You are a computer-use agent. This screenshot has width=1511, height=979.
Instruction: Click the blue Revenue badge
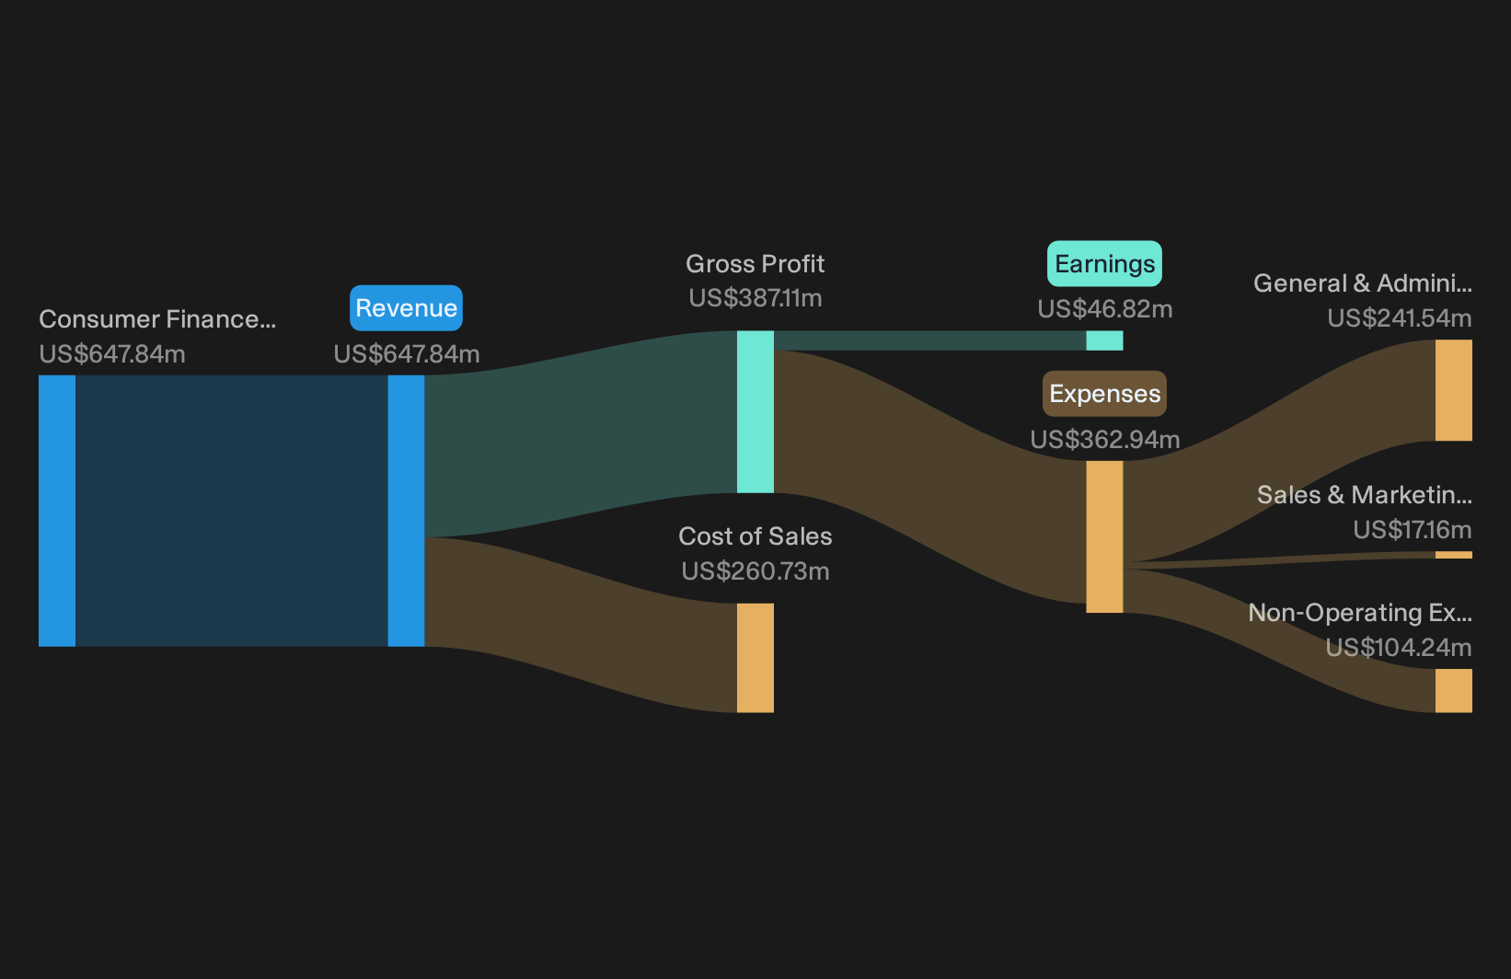(x=406, y=307)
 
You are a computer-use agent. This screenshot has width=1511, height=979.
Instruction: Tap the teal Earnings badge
(x=1104, y=264)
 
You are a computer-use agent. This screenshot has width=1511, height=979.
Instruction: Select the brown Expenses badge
(x=1104, y=394)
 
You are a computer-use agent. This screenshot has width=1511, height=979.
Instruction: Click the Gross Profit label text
(x=755, y=264)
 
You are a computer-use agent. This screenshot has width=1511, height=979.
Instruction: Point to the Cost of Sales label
(x=755, y=536)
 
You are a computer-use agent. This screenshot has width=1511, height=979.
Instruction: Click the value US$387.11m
(x=755, y=298)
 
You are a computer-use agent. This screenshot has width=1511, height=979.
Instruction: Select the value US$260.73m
(x=755, y=571)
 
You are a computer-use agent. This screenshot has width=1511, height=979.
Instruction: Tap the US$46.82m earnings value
(x=1104, y=309)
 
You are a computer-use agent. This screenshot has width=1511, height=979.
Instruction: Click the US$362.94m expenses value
(x=1104, y=440)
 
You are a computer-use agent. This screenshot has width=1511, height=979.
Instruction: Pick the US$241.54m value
(x=1399, y=317)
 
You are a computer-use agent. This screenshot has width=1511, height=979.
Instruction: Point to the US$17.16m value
(x=1412, y=530)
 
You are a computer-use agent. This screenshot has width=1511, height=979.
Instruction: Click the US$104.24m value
(x=1399, y=648)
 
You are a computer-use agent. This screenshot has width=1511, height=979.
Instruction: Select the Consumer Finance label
(x=157, y=319)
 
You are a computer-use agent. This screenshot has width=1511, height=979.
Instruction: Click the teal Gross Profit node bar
(x=755, y=411)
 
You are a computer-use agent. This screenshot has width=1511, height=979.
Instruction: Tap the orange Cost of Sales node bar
(x=755, y=658)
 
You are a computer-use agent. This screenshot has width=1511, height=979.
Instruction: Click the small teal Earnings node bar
(x=1104, y=340)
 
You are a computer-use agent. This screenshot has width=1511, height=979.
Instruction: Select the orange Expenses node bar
(x=1104, y=537)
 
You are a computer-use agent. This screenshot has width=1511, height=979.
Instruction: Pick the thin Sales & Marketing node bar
(x=1454, y=555)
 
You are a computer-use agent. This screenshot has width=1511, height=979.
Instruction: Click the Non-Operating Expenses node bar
(x=1454, y=691)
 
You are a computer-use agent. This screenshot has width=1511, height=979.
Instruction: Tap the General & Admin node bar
(x=1454, y=390)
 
